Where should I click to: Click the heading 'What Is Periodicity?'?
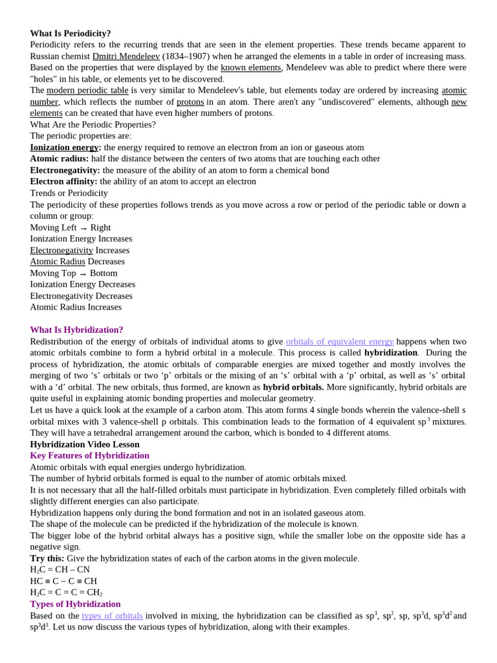(x=71, y=33)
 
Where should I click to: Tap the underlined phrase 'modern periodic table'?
(x=87, y=90)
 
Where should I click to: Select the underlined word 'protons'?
(x=190, y=102)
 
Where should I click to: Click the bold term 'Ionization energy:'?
(x=65, y=147)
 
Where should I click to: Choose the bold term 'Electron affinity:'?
(x=63, y=181)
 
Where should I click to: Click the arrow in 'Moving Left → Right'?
(x=83, y=228)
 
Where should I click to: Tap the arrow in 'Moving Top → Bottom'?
(x=83, y=273)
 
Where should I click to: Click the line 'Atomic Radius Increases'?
(x=76, y=307)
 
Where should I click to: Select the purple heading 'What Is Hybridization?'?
(x=76, y=330)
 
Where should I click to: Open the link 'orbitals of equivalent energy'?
(x=340, y=341)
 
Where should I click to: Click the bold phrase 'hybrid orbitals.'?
(x=293, y=387)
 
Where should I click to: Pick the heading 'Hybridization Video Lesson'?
(x=85, y=444)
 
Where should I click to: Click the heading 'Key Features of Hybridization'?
(x=89, y=455)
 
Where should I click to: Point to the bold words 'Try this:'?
(x=47, y=558)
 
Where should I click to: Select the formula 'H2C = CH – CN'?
(x=60, y=570)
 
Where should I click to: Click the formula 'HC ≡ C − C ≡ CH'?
(x=63, y=581)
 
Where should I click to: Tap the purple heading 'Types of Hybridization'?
(x=75, y=603)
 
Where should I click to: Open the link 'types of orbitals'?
(x=112, y=615)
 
